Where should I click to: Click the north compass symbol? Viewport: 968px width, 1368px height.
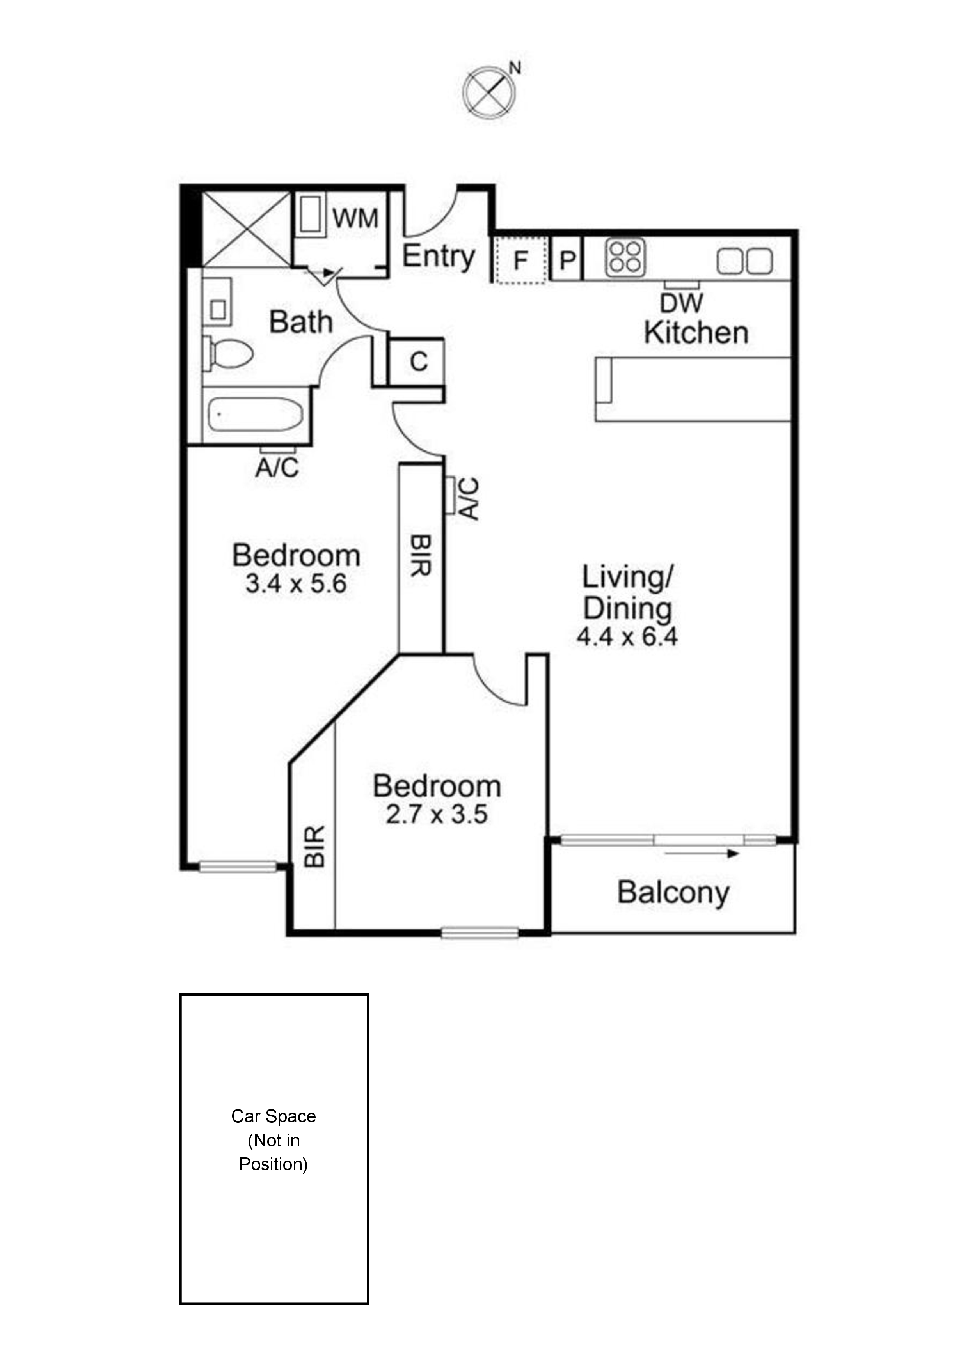pos(489,90)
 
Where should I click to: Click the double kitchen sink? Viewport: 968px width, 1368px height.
pos(745,261)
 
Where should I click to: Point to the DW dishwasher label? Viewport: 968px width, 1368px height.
pos(681,303)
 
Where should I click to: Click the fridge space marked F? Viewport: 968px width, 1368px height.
pos(520,260)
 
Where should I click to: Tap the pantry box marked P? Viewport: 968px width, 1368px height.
pos(567,260)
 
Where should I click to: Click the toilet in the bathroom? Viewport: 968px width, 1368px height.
pos(230,353)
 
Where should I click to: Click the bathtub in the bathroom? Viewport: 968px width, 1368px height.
pos(255,413)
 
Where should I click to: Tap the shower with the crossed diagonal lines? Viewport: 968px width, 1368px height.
pos(247,229)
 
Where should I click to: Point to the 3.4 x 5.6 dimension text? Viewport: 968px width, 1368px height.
pos(296,584)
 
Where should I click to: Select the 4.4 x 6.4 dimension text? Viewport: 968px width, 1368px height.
pos(627,637)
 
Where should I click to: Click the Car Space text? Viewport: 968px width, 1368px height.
pos(274,1116)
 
